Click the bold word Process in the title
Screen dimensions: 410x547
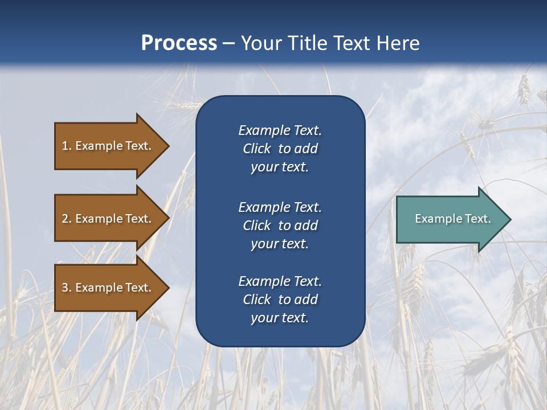click(x=179, y=43)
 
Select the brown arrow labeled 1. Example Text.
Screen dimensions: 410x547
click(x=108, y=146)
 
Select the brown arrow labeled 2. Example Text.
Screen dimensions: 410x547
click(x=108, y=219)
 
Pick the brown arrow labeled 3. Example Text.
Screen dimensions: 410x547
click(x=108, y=288)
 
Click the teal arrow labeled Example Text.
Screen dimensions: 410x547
click(x=450, y=219)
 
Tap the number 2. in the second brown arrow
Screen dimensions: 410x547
click(x=67, y=219)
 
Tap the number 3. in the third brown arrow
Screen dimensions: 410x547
click(x=67, y=288)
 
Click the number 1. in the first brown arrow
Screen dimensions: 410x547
click(x=67, y=146)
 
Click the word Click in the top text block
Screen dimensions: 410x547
click(x=256, y=149)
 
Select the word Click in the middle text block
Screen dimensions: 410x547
click(x=256, y=225)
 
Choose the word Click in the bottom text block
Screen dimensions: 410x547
click(x=256, y=300)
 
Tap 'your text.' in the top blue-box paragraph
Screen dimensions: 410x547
click(x=280, y=167)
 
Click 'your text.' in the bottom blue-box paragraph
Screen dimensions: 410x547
click(x=280, y=318)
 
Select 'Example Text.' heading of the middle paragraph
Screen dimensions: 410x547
click(x=280, y=207)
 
